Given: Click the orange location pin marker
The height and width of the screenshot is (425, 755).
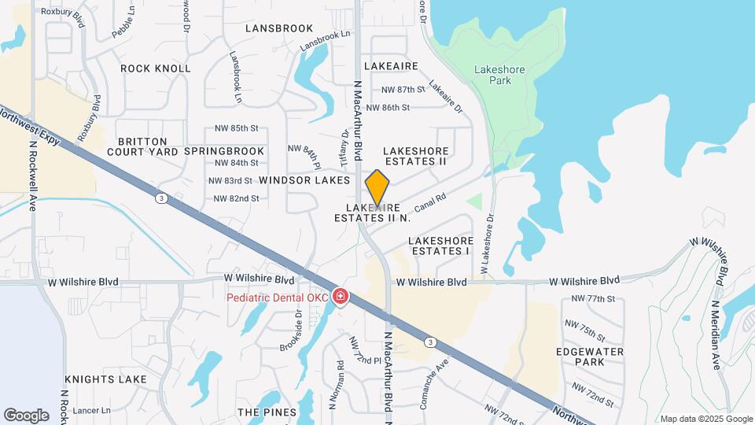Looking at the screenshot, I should tap(377, 188).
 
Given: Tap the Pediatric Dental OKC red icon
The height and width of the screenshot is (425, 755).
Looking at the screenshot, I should tap(341, 297).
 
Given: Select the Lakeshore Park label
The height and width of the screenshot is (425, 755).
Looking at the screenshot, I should tap(499, 75).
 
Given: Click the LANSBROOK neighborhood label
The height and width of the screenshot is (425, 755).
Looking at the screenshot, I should tap(279, 28).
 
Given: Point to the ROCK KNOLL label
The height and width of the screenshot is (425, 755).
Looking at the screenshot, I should tap(156, 68).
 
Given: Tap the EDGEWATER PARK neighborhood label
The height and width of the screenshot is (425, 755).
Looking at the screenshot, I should tap(590, 357).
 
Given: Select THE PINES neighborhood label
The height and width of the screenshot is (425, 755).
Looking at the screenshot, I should tap(267, 412).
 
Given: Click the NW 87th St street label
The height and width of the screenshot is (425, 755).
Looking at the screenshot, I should tap(402, 91).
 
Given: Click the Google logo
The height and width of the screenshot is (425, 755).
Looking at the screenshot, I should tap(27, 415).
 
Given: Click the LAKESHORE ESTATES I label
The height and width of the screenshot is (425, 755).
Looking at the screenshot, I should tap(441, 246).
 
